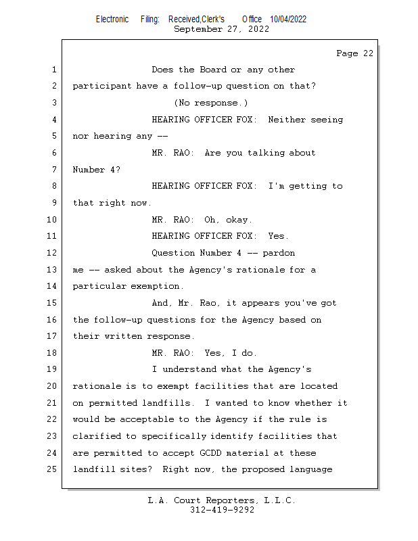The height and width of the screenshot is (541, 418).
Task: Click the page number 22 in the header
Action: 368,53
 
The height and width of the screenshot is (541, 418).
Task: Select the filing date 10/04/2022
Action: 288,20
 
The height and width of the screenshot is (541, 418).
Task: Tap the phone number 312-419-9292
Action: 222,510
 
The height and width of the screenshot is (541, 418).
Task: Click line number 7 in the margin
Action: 54,170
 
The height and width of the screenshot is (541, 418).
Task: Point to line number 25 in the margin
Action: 52,469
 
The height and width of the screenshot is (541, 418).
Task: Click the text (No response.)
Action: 210,103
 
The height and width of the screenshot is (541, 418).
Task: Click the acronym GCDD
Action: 210,452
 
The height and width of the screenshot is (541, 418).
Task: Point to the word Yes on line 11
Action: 277,236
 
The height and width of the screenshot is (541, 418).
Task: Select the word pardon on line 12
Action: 279,253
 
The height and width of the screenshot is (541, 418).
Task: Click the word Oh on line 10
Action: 210,219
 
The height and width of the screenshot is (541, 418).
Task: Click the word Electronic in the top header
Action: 112,20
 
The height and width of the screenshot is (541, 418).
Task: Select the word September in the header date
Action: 198,29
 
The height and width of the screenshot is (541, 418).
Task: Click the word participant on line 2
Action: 102,86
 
